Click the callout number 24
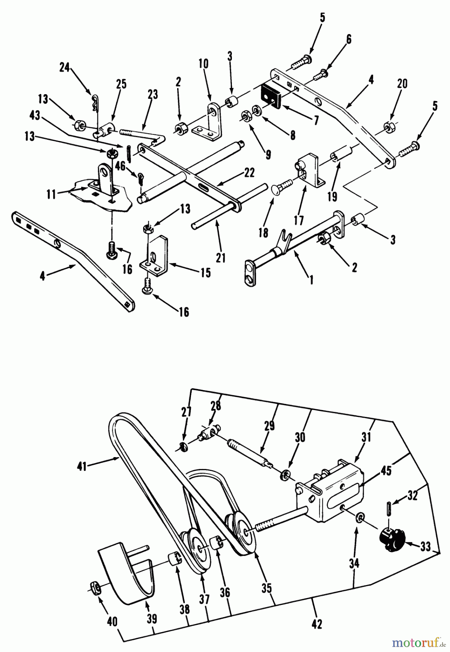pyautogui.click(x=64, y=68)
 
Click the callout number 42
pyautogui.click(x=317, y=623)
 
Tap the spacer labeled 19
pyautogui.click(x=339, y=158)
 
